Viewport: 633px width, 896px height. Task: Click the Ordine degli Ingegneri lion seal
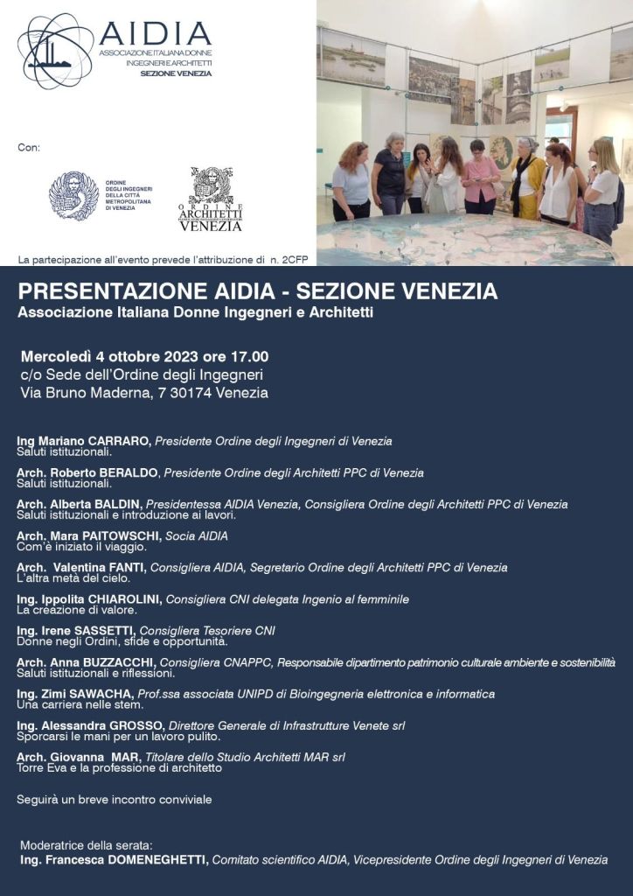[x=73, y=195]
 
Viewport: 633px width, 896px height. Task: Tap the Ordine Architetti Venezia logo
[x=211, y=199]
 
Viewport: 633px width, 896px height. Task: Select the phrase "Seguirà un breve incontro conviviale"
[x=114, y=799]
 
